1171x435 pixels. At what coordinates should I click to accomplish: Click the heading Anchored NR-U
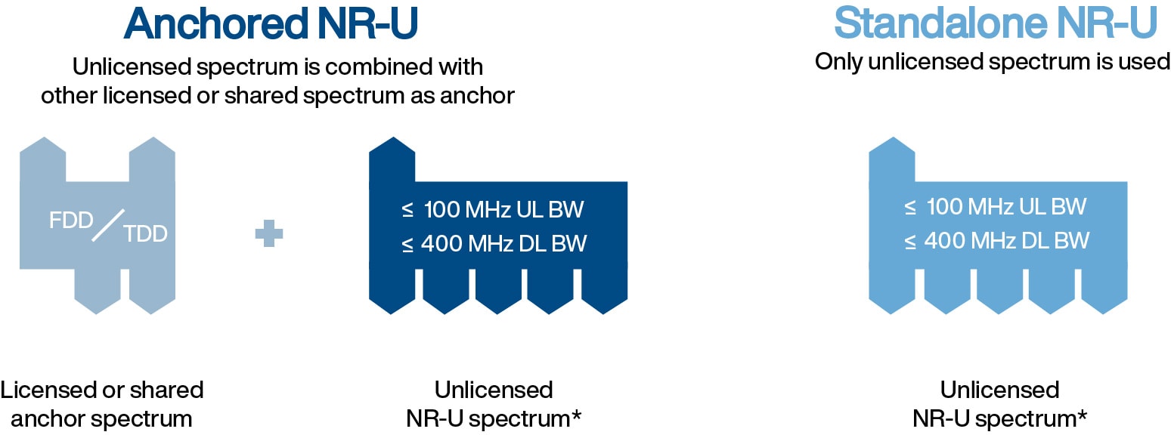pyautogui.click(x=271, y=24)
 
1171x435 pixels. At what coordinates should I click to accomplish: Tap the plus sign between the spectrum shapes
pyautogui.click(x=269, y=233)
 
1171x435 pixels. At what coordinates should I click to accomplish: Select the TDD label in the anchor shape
pyautogui.click(x=146, y=233)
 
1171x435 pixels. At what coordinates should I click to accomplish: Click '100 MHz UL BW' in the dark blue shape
pyautogui.click(x=503, y=208)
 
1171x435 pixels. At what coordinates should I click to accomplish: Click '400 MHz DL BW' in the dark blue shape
pyautogui.click(x=503, y=243)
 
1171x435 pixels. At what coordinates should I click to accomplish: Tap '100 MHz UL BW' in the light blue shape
pyautogui.click(x=1006, y=206)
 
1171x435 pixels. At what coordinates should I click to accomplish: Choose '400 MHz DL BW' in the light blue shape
pyautogui.click(x=1006, y=241)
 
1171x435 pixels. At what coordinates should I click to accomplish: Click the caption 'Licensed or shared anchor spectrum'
pyautogui.click(x=102, y=403)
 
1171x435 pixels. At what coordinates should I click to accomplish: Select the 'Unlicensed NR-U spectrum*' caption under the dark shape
pyautogui.click(x=494, y=403)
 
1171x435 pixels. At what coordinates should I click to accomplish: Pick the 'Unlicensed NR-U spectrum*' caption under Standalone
pyautogui.click(x=999, y=403)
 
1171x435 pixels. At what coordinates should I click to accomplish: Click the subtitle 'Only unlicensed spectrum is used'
pyautogui.click(x=992, y=61)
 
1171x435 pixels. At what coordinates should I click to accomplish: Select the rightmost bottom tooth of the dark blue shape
pyautogui.click(x=604, y=291)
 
